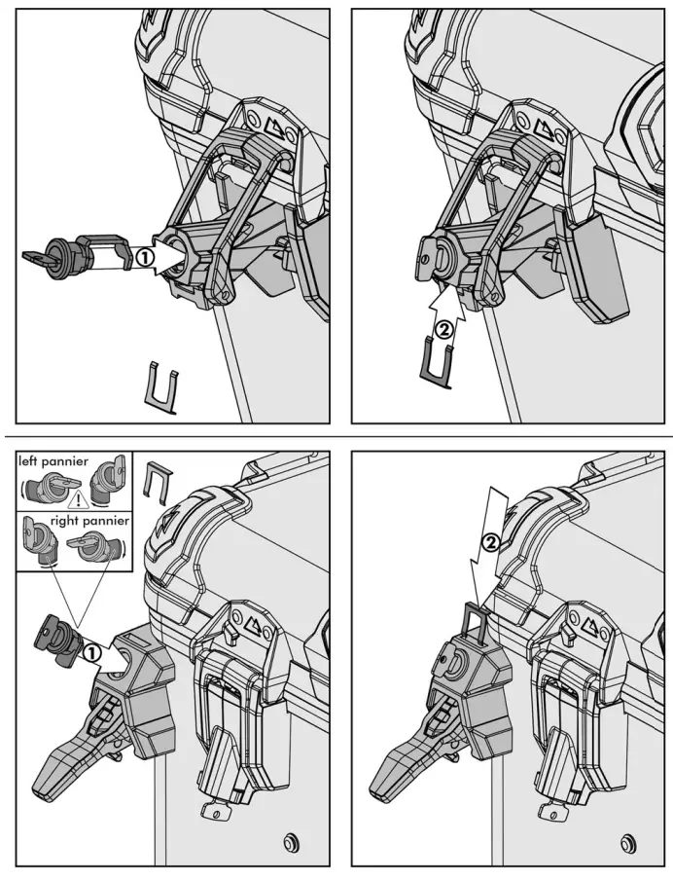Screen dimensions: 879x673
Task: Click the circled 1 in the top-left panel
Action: tap(143, 259)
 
